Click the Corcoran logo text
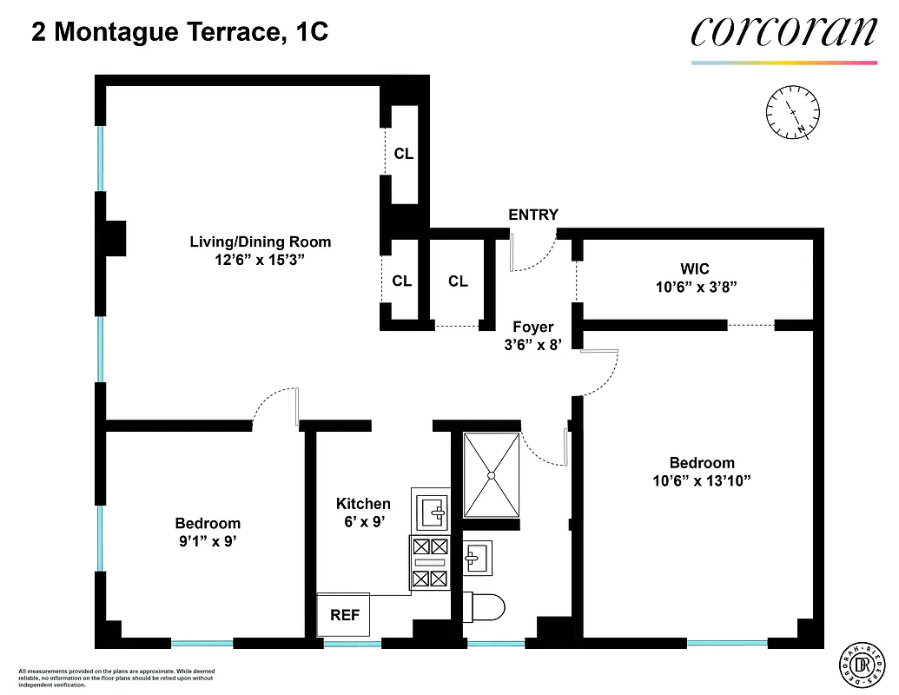[783, 32]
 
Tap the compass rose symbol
[793, 112]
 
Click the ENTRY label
[533, 215]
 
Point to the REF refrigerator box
[345, 615]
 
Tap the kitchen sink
[431, 510]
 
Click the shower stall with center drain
[491, 475]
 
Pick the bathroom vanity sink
[475, 556]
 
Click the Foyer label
[532, 328]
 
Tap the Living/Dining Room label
[261, 242]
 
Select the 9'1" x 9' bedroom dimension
[207, 540]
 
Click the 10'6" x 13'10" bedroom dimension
[702, 480]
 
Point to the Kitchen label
[363, 504]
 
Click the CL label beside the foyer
[458, 281]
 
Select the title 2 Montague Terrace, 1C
[180, 33]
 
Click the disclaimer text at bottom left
[116, 678]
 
